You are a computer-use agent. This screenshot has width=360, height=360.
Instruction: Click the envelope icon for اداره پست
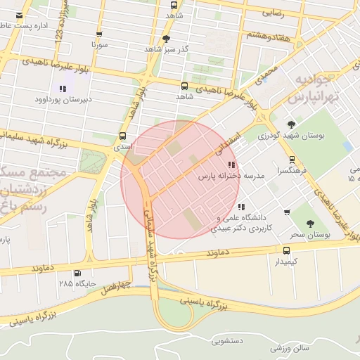click(x=19, y=15)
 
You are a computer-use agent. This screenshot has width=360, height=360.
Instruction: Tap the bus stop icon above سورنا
click(x=98, y=33)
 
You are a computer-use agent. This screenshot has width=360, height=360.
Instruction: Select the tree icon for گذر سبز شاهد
click(x=166, y=39)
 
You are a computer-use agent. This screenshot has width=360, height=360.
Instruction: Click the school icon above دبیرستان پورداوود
click(x=63, y=89)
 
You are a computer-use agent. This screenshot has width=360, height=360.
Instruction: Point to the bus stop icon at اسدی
click(x=123, y=136)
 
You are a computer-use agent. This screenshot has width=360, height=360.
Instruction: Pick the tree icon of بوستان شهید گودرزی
click(x=291, y=124)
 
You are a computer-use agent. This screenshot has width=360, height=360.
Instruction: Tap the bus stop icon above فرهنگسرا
click(x=292, y=160)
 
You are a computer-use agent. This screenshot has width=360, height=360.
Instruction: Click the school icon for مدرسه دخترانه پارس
click(x=232, y=165)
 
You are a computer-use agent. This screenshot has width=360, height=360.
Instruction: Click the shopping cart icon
click(x=286, y=212)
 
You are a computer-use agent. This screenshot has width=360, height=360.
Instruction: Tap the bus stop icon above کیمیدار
click(x=285, y=250)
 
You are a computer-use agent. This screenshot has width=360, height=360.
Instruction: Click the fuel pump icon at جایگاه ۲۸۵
click(x=77, y=273)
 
